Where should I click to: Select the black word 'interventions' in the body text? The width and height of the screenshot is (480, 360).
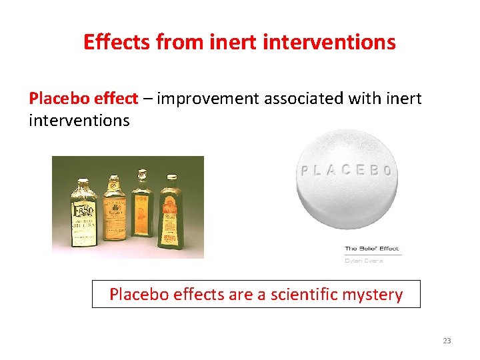79,121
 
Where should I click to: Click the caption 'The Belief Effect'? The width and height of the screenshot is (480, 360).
372,249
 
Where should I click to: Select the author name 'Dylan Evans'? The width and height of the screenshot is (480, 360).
363,261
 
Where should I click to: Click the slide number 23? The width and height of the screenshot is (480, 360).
447,341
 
